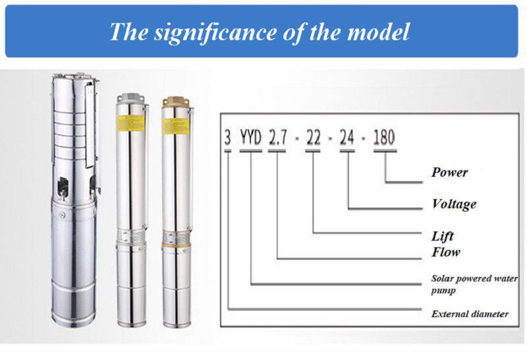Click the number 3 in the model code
(x=228, y=138)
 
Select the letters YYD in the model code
(x=251, y=138)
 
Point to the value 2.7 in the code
(x=278, y=138)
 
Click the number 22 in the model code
(x=313, y=138)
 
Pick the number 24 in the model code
(x=348, y=138)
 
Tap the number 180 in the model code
(x=384, y=138)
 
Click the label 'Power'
(x=449, y=173)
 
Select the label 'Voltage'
(x=454, y=204)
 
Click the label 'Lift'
(x=443, y=236)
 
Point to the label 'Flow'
(x=446, y=252)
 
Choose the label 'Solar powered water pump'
(x=474, y=284)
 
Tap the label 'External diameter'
(x=470, y=314)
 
